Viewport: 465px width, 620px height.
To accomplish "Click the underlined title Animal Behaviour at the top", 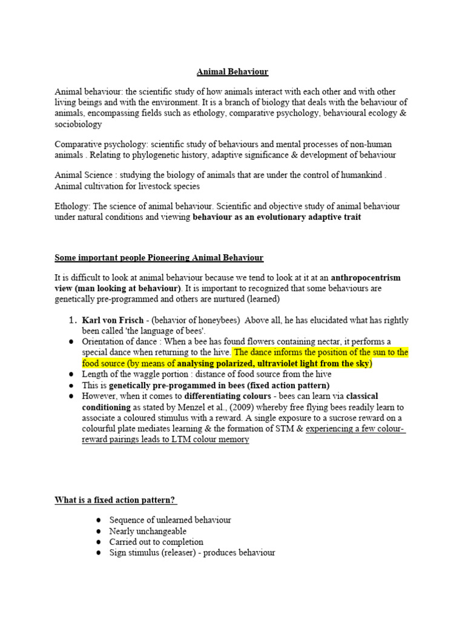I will tap(232, 71).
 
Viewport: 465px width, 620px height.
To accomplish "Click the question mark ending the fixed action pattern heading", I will tap(174, 500).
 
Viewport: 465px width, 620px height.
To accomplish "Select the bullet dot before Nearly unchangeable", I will tap(99, 531).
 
